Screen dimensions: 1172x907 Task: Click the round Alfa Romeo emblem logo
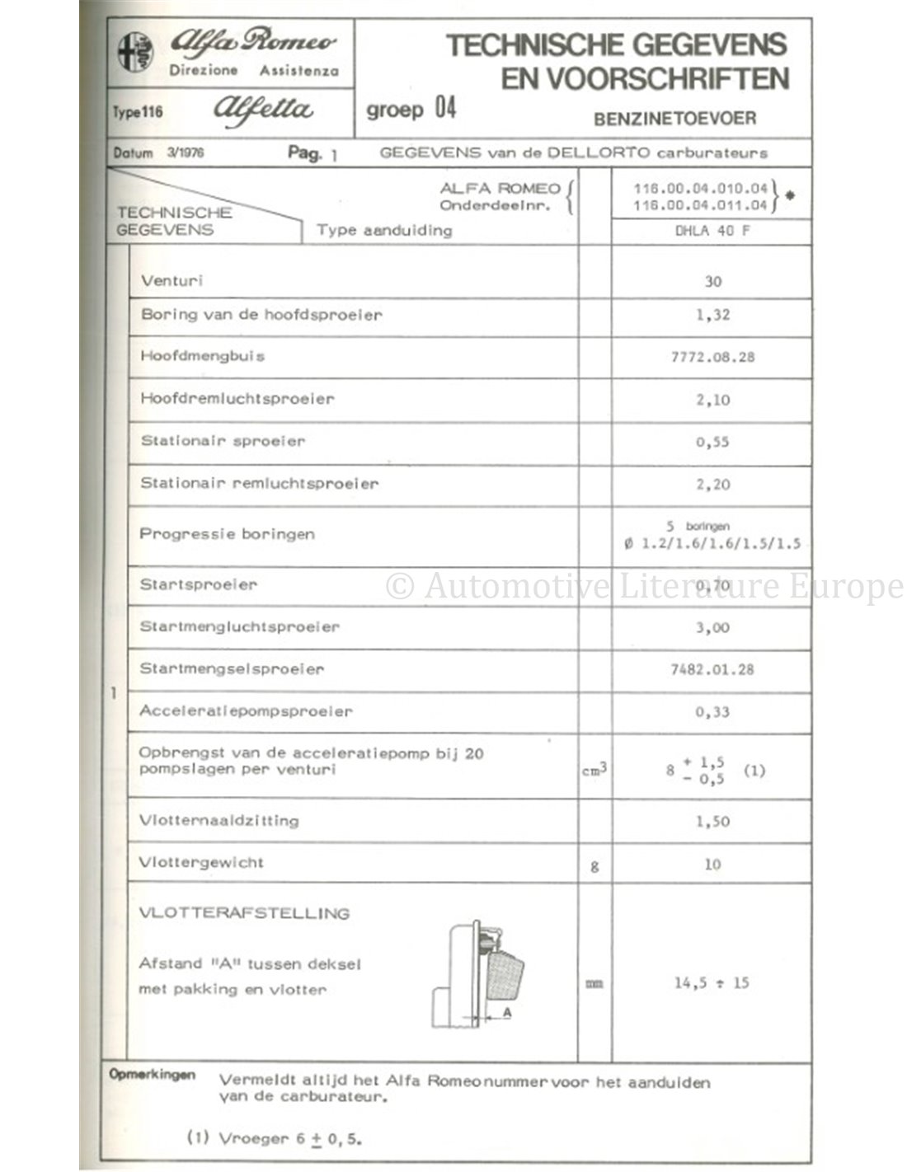point(134,53)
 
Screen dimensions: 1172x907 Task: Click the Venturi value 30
point(712,282)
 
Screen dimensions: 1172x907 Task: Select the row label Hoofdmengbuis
point(202,357)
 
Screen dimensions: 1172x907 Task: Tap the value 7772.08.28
point(712,358)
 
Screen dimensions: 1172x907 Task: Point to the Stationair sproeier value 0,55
point(712,443)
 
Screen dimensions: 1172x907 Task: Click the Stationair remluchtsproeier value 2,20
point(712,485)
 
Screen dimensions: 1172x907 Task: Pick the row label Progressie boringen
point(227,534)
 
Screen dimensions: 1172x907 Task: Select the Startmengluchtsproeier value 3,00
point(712,628)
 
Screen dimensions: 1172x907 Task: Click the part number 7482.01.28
point(712,670)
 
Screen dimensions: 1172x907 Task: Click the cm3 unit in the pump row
point(594,771)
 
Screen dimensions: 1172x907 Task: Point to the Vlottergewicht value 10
point(712,865)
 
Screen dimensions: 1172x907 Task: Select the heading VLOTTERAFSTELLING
point(244,913)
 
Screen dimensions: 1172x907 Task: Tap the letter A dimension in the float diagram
point(507,1012)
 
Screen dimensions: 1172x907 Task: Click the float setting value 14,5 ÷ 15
point(711,983)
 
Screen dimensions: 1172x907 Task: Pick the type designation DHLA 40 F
point(712,232)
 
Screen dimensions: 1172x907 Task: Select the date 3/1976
point(186,152)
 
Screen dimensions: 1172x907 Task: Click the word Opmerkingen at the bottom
point(152,1075)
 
